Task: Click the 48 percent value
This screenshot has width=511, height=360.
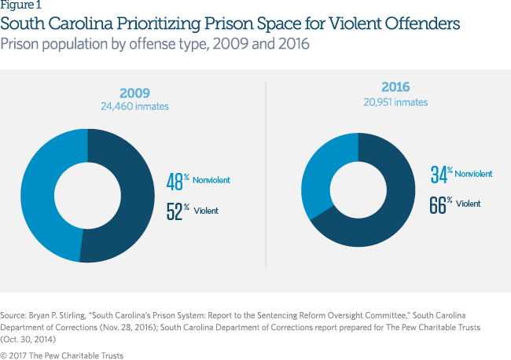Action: click(175, 182)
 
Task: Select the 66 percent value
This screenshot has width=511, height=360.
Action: click(439, 204)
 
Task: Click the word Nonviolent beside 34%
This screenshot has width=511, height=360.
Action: click(474, 174)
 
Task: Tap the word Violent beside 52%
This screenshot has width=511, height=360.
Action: click(206, 211)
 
